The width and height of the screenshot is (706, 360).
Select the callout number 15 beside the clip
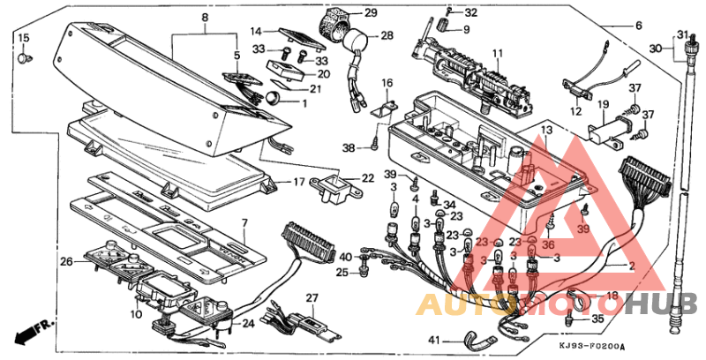click(x=23, y=38)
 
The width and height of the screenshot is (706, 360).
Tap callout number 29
click(x=370, y=13)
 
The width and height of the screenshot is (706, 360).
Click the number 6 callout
click(x=639, y=26)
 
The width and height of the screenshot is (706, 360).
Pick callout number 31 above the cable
click(x=682, y=34)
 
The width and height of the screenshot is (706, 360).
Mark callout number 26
click(x=65, y=261)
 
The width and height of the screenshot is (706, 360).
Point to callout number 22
click(x=367, y=178)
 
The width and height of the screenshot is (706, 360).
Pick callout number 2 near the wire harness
click(x=631, y=266)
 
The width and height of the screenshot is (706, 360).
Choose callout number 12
click(x=575, y=112)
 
